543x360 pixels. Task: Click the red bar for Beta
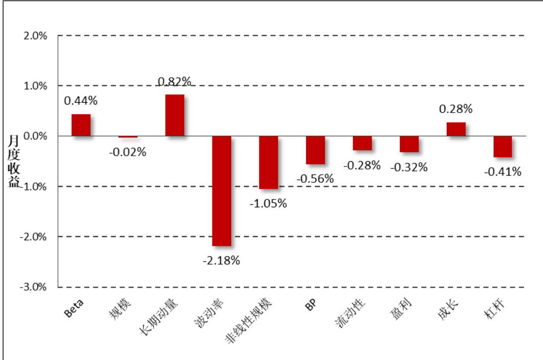click(81, 125)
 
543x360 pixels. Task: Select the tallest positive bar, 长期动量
click(175, 115)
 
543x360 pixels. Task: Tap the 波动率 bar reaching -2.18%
click(222, 191)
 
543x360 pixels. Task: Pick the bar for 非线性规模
click(268, 163)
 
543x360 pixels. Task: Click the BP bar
click(315, 150)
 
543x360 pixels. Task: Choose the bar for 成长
click(456, 129)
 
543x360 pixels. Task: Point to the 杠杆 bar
click(502, 147)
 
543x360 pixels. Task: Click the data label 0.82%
click(175, 81)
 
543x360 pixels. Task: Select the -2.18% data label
click(221, 260)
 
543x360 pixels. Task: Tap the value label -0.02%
click(128, 152)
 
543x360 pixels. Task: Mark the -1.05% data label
click(268, 203)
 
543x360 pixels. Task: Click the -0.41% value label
click(503, 172)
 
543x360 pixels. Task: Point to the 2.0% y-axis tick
click(36, 36)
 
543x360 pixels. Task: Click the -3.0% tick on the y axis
click(35, 287)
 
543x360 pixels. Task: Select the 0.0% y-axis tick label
click(36, 136)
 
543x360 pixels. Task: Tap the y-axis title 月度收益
click(13, 161)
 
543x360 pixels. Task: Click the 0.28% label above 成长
click(456, 109)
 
